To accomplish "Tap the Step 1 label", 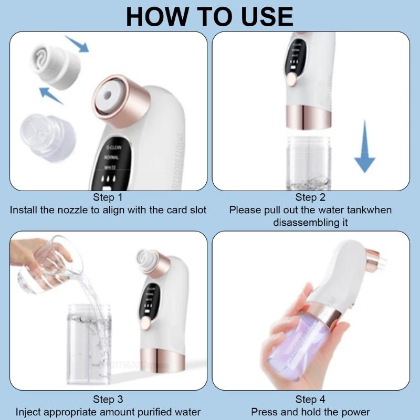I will click(x=107, y=198).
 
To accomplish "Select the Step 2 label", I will click(x=310, y=198).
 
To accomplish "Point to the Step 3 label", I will click(x=107, y=400).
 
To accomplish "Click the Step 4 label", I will click(x=310, y=400).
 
